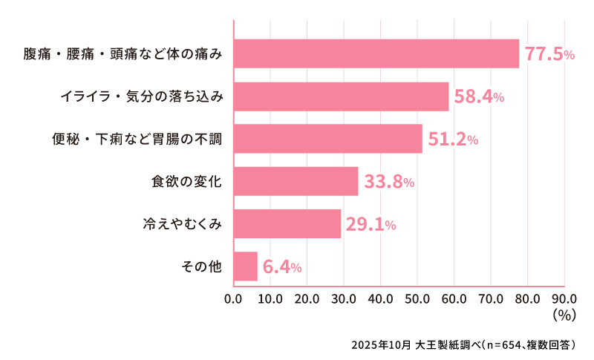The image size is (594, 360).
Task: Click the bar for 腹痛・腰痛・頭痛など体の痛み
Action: [376, 53]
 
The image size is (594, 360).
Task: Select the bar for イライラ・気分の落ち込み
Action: [341, 96]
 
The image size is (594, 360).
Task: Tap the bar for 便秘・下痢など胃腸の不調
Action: [327, 139]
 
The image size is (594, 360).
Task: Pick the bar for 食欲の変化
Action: [296, 181]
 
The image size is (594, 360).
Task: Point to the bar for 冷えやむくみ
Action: [287, 223]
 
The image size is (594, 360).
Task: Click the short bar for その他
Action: [246, 266]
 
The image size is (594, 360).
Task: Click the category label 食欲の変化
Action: [186, 181]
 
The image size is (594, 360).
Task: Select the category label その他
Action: [202, 266]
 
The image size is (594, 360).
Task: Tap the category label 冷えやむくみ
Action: [182, 223]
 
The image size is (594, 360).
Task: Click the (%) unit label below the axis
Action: [565, 315]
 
